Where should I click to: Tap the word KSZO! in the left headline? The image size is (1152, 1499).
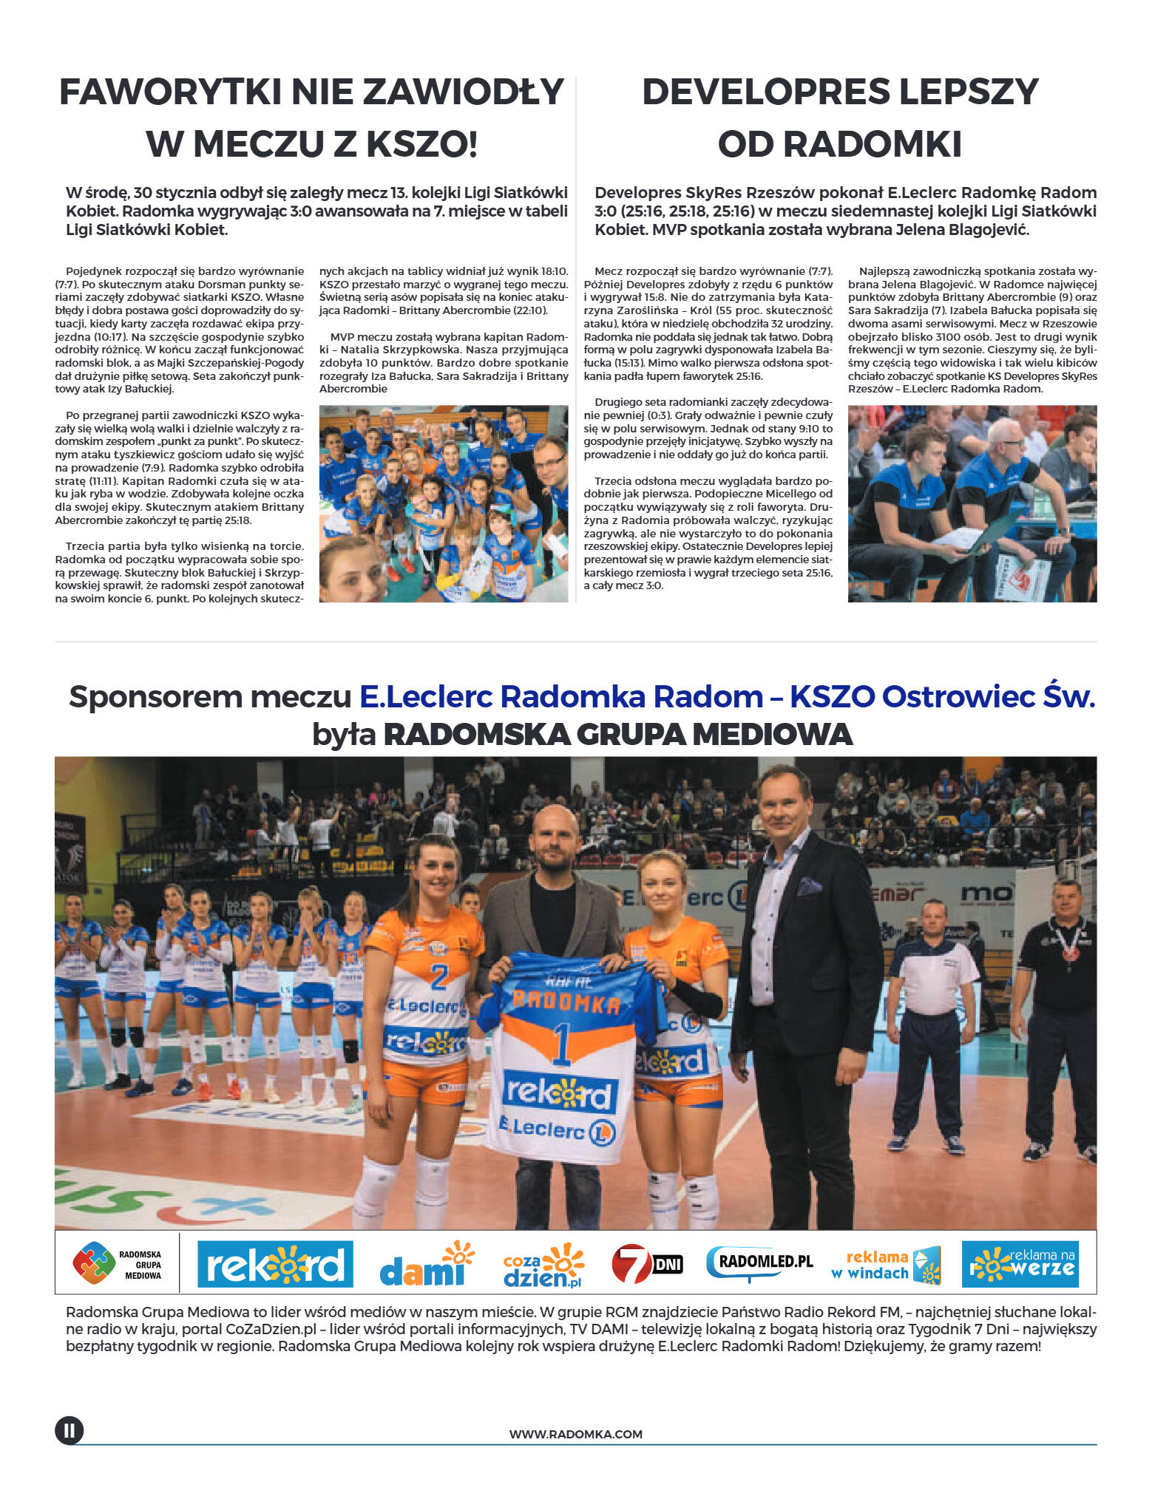(422, 144)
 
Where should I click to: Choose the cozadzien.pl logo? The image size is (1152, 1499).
(543, 1265)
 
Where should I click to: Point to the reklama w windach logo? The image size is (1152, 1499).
(885, 1265)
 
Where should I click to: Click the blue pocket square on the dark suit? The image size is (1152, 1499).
(810, 886)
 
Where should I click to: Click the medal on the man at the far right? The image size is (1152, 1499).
(1070, 952)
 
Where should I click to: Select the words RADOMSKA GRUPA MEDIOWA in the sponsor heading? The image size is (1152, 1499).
(617, 735)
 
